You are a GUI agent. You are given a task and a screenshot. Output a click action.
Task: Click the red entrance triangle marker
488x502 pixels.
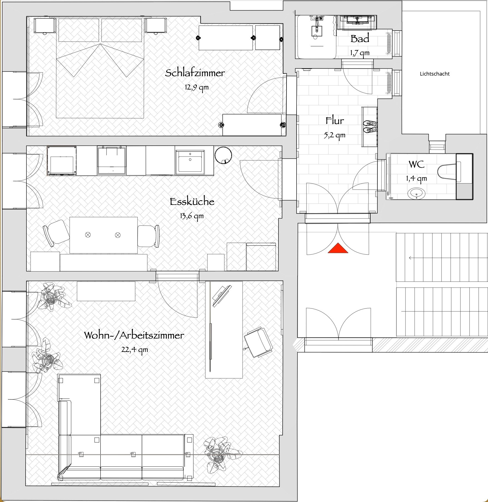coord(338,248)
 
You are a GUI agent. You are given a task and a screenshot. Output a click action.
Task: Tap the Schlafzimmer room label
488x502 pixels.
coord(195,73)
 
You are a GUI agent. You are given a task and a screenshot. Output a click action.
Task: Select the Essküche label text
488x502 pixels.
coord(192,202)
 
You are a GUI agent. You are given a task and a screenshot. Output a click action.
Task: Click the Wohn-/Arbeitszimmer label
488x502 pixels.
coord(134,335)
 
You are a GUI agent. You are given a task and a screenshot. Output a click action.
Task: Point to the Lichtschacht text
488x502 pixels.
coord(435,74)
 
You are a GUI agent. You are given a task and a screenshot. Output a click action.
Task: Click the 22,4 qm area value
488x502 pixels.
coord(135,349)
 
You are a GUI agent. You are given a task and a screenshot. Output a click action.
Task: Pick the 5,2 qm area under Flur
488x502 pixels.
coord(334,135)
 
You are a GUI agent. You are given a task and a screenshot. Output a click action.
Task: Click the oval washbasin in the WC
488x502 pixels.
coord(417,193)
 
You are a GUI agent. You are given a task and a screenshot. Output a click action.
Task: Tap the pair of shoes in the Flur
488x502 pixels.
coord(370,126)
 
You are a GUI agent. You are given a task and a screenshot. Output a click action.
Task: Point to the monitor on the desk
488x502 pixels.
coord(222,296)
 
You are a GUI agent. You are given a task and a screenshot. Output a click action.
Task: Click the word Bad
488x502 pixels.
coord(360,39)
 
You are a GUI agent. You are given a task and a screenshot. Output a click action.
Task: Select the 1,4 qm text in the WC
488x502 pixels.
coord(416,178)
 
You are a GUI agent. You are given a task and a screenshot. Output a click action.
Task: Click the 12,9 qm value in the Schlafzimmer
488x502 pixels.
coord(196,88)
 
